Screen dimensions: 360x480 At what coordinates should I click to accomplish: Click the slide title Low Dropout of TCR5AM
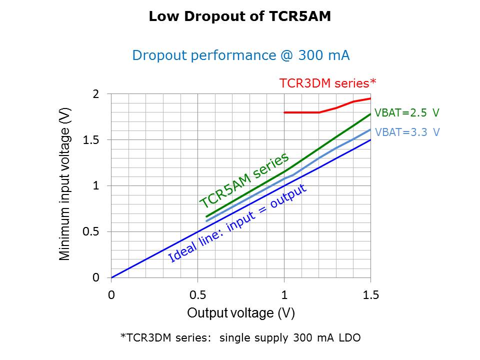coord(240,17)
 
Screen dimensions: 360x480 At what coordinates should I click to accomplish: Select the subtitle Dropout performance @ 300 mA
coord(240,55)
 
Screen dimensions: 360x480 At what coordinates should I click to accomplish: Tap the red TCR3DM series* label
coord(327,82)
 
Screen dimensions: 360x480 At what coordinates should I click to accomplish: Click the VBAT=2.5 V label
coord(407,112)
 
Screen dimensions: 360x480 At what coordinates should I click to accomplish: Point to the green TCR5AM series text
coord(244,180)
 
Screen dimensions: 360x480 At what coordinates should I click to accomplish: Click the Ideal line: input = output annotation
coord(237,222)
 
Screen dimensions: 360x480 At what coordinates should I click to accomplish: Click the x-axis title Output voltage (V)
coord(240,313)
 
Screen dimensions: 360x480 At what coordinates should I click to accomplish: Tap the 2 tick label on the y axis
coord(96,94)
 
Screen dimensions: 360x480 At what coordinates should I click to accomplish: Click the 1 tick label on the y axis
coord(96,186)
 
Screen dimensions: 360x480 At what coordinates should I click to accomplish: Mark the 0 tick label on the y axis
coord(96,278)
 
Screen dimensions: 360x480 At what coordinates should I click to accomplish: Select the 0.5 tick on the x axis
coord(197,295)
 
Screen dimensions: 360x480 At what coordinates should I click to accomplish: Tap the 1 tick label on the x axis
coord(284,295)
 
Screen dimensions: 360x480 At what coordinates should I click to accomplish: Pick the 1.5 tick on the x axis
coord(370,295)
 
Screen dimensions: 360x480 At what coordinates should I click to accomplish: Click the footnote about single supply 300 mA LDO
coord(240,338)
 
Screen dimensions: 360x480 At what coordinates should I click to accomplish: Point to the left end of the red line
coord(284,112)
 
